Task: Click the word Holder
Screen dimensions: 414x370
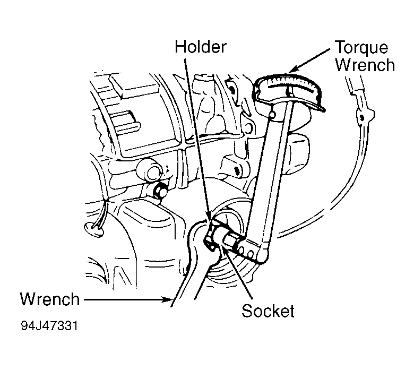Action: [201, 47]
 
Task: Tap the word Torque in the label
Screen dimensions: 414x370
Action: [361, 48]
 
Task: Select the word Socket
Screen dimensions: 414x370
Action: [268, 311]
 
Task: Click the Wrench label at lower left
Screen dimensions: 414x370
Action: [50, 299]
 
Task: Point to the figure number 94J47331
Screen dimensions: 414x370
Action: [49, 326]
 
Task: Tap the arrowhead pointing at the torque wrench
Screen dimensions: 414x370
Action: [294, 69]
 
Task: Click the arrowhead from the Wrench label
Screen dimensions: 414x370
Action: [168, 299]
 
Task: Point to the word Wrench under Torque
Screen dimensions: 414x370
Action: [365, 65]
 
